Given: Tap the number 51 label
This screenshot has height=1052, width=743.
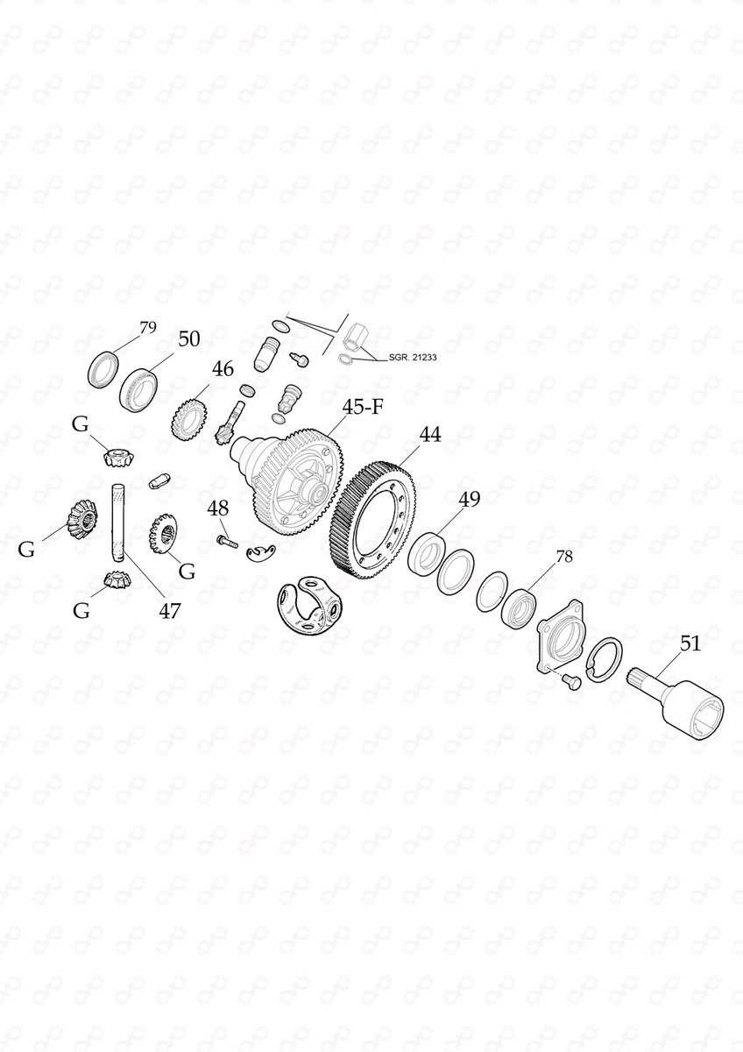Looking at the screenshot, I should [690, 644].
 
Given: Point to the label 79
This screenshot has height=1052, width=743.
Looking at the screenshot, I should [148, 328].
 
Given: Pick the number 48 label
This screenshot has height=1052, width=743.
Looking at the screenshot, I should [218, 508].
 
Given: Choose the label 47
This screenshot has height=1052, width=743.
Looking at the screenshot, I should [169, 609].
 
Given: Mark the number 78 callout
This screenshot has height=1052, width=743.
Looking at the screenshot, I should [563, 556].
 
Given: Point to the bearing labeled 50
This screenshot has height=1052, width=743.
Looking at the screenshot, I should [138, 386].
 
